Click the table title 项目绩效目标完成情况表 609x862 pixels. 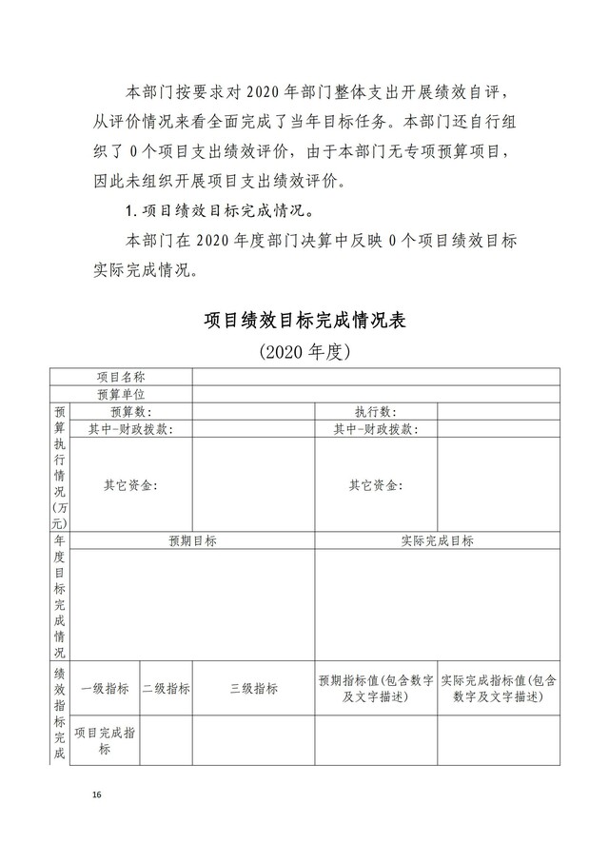point(304,320)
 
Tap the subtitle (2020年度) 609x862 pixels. point(304,352)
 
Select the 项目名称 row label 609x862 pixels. point(121,378)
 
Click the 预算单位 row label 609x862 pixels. point(121,394)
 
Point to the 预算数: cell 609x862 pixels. point(131,411)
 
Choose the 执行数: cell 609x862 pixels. point(376,411)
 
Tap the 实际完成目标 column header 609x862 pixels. point(437,540)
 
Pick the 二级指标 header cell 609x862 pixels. point(166,689)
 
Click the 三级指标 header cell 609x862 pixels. point(253,689)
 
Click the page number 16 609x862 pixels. point(96,793)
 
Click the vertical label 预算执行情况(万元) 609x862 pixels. point(60,466)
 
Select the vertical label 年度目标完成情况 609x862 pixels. point(60,597)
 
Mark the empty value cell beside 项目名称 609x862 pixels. point(376,378)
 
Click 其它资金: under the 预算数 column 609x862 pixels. point(131,485)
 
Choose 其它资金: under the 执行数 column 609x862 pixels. point(376,485)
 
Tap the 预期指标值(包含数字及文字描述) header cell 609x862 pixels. point(376,689)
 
